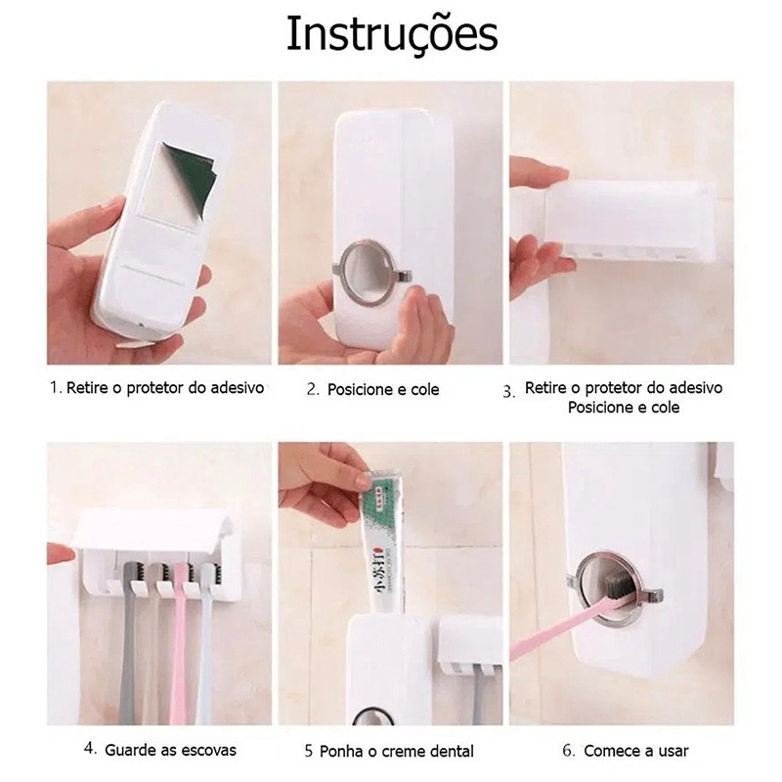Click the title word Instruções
click(x=392, y=33)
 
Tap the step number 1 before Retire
click(x=55, y=386)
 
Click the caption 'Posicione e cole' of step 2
click(x=383, y=389)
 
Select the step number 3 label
click(x=507, y=392)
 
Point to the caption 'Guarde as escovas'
click(x=170, y=750)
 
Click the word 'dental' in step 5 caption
click(x=447, y=751)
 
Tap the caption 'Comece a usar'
click(x=636, y=751)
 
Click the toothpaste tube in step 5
click(x=383, y=543)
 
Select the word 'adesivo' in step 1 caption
click(x=237, y=388)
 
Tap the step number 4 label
click(x=90, y=749)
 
